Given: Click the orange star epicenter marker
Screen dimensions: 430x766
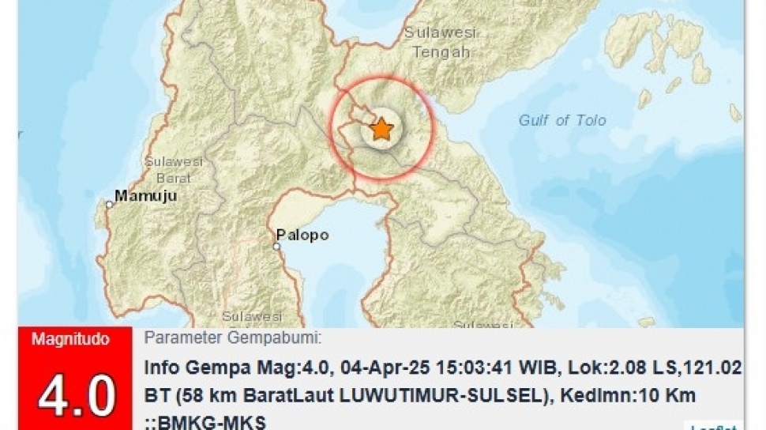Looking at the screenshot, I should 381,128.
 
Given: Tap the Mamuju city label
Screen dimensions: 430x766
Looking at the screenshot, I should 145,194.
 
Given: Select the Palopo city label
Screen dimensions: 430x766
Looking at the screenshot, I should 302,235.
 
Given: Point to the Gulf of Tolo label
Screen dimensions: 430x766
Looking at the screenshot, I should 562,120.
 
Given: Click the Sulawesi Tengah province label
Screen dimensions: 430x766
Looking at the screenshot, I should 437,43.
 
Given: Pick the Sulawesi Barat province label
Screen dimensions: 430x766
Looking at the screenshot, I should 174,169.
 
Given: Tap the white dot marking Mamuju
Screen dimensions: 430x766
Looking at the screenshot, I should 110,204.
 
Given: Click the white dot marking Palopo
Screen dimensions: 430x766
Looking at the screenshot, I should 277,247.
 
